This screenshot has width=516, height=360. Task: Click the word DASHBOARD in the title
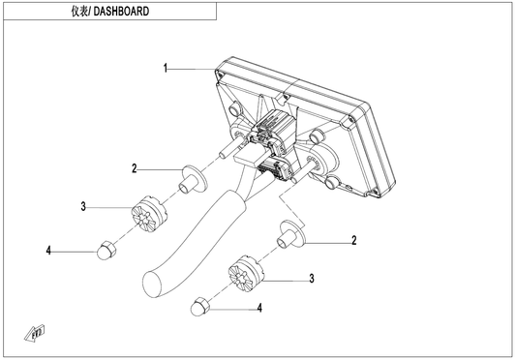pos(121,12)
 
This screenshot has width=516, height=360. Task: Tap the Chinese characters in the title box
pos(79,12)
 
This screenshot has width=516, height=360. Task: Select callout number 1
pos(166,69)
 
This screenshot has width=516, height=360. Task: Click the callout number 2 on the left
pos(135,168)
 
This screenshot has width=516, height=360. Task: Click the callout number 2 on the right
pos(354,240)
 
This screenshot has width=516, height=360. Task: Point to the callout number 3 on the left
pos(83,207)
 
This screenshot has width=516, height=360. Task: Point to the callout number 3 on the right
pos(312,279)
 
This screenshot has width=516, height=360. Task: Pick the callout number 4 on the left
pos(48,251)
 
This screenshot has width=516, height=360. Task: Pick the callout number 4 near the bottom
pos(259,308)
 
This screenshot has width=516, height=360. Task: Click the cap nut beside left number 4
pos(106,250)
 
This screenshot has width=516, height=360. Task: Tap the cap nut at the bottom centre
pos(200,307)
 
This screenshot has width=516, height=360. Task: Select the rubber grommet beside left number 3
pos(149,214)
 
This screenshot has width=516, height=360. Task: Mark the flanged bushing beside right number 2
pos(292,235)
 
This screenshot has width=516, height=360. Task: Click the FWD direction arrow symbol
pos(35,333)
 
